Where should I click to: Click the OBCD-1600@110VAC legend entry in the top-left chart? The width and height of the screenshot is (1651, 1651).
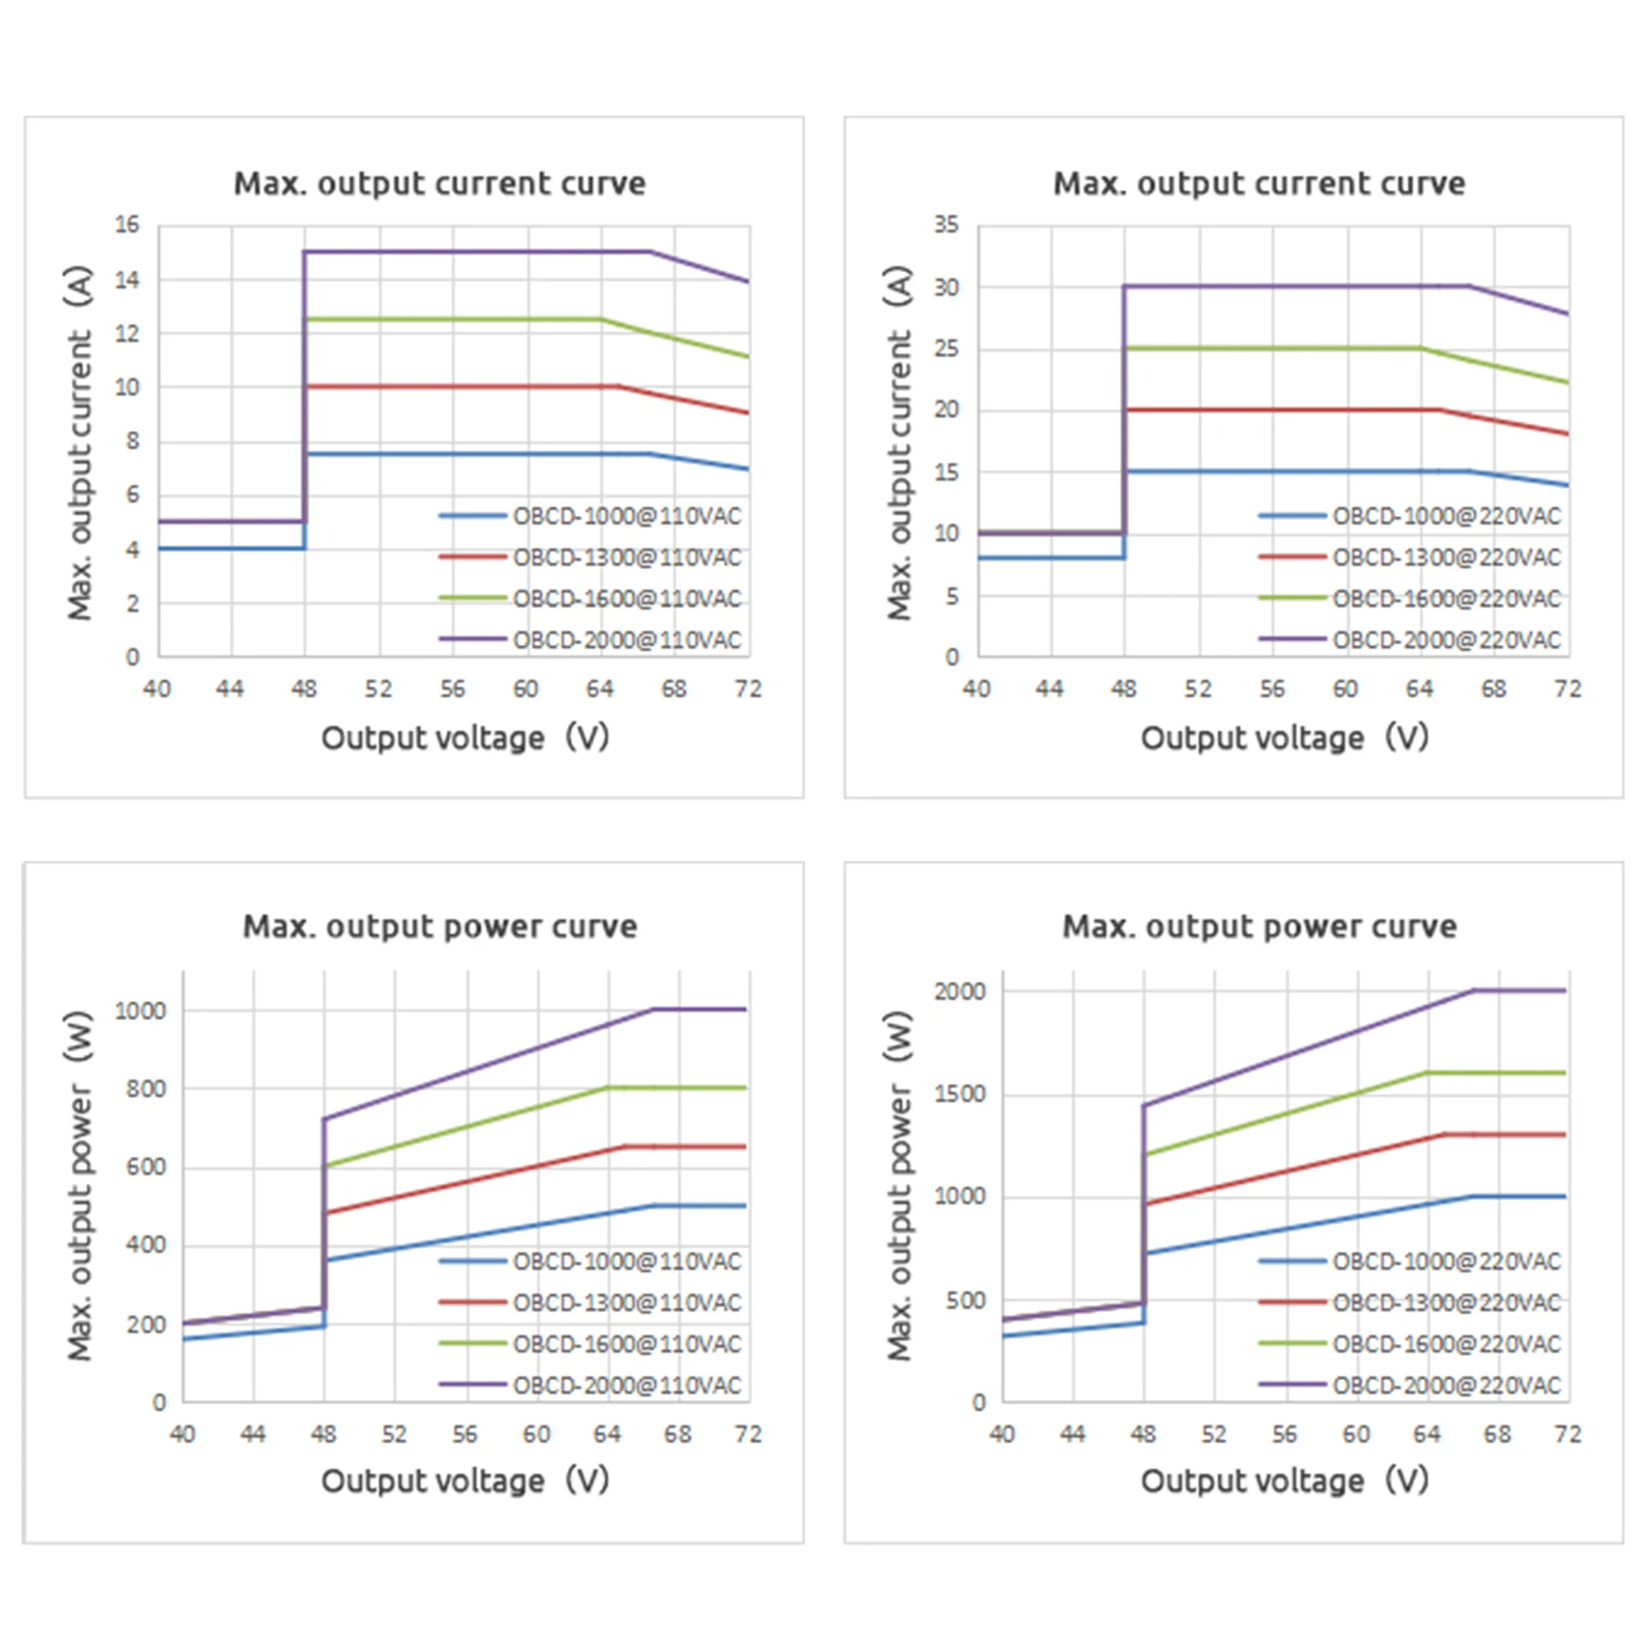pos(590,598)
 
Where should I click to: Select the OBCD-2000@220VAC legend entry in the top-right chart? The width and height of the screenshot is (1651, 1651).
pos(1410,639)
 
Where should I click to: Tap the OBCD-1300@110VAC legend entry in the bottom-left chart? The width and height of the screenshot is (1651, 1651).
pos(590,1303)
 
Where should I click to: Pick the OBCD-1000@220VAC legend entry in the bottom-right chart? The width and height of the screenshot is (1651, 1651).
pos(1410,1261)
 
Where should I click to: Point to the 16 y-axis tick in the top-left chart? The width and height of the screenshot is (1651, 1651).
pos(127,225)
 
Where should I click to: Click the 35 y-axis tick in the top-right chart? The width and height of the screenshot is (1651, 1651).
pos(946,225)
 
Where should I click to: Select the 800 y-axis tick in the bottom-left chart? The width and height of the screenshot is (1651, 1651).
pos(146,1089)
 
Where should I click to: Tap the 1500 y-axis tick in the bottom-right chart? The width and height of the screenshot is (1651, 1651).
pos(960,1094)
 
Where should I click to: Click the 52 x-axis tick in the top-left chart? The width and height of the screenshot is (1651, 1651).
pos(379,688)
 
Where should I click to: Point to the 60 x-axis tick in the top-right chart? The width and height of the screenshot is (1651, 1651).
pos(1346,688)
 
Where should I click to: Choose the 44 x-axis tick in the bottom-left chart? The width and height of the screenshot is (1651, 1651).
pos(253,1434)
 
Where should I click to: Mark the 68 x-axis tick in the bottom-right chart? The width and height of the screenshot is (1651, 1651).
pos(1497,1434)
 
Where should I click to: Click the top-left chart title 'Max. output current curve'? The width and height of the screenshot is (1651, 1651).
pos(440,184)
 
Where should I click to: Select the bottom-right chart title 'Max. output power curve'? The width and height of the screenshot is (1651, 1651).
pos(1260,927)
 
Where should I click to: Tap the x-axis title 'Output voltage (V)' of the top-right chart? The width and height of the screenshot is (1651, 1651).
pos(1284,737)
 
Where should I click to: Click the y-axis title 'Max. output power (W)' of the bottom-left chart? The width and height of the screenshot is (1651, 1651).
pos(78,1186)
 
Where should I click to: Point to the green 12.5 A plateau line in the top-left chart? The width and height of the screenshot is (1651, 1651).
pos(453,319)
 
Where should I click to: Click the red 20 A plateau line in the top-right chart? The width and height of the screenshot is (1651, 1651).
pos(1282,410)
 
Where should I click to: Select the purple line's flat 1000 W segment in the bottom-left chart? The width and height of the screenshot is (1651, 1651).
pos(700,1010)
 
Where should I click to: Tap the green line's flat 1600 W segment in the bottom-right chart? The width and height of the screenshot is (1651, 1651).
pos(1497,1072)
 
